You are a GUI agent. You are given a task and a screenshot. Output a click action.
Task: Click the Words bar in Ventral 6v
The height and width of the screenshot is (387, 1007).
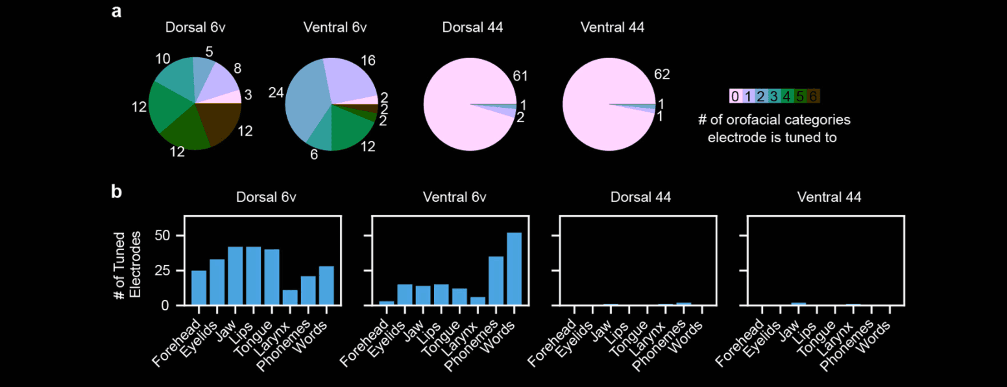click(x=513, y=269)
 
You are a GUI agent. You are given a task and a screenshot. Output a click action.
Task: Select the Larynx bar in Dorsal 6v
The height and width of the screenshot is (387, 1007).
click(x=290, y=297)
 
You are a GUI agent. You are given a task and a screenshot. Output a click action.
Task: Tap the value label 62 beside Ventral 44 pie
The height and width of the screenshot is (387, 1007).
click(x=662, y=75)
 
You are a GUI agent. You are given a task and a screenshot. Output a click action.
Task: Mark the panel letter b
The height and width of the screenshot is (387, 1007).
click(x=117, y=192)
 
